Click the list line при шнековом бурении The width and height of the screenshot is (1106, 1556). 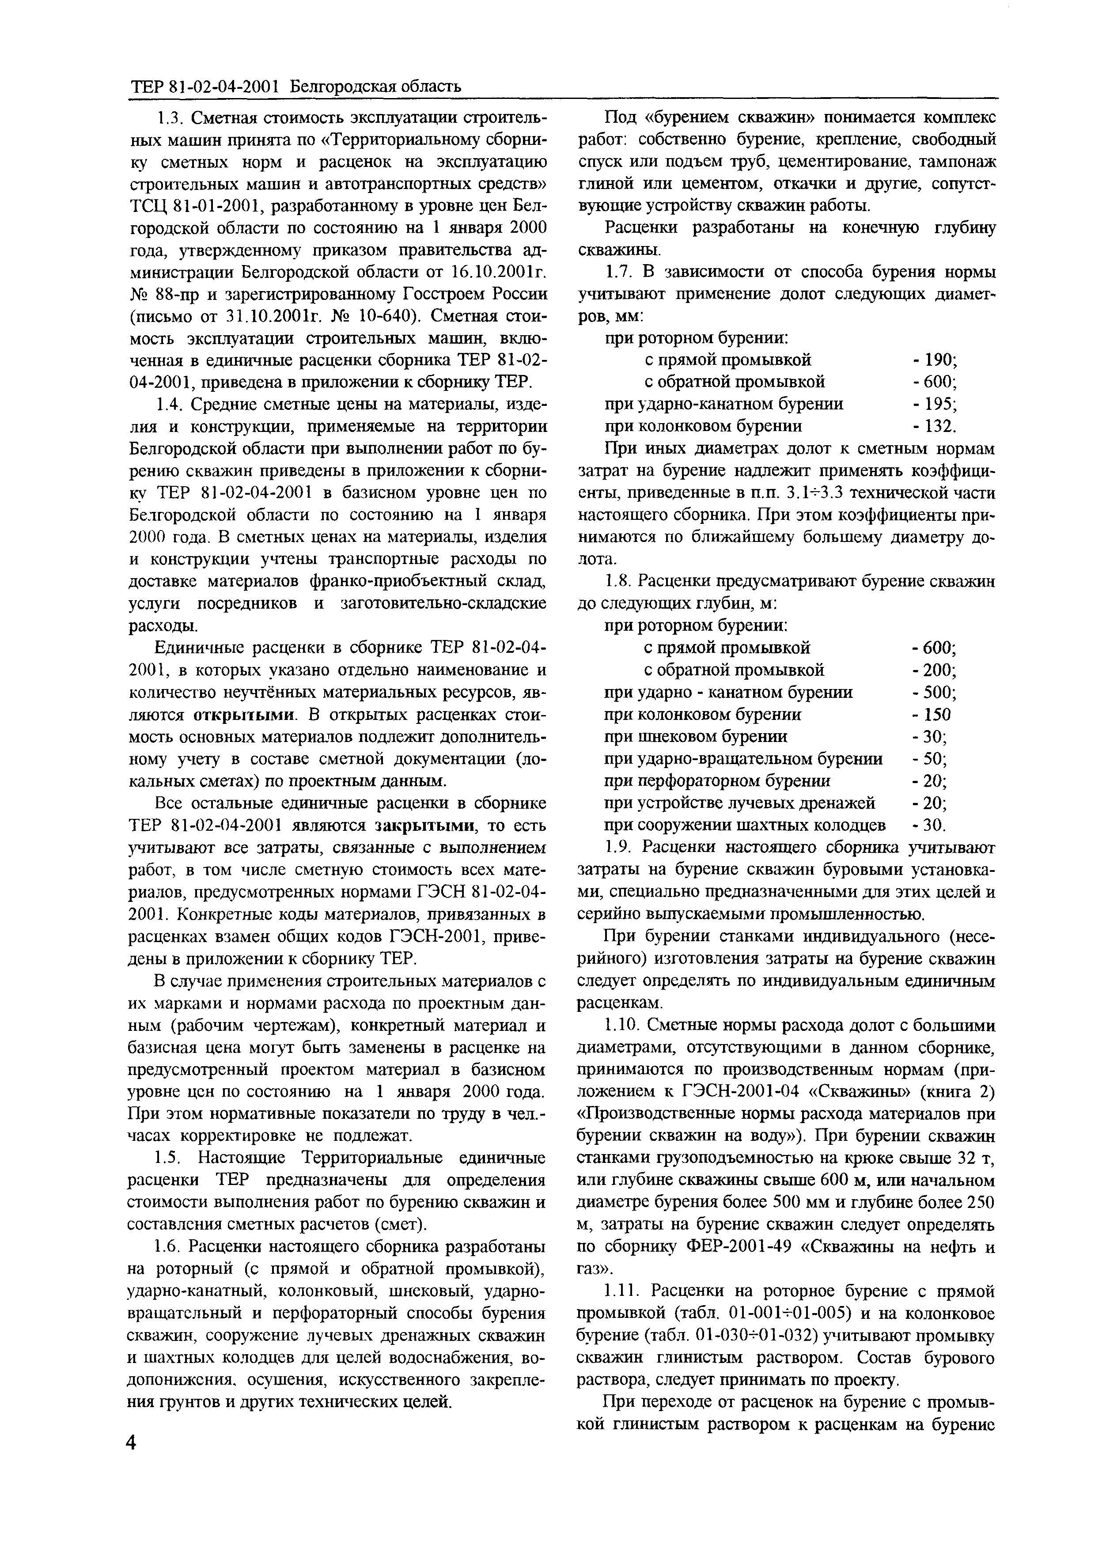696,737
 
